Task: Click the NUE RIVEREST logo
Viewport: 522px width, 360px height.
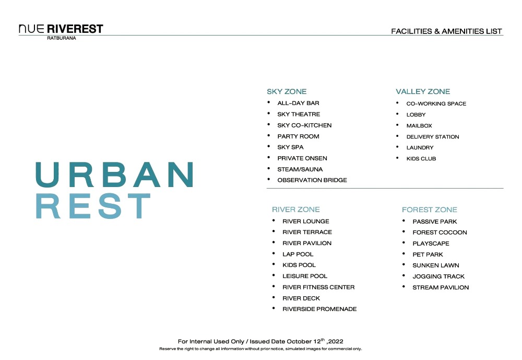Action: tap(61, 29)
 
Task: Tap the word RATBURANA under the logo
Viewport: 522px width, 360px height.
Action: tap(62, 38)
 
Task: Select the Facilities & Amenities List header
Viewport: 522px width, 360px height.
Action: tap(446, 31)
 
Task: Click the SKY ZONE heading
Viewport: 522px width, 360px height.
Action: tap(287, 91)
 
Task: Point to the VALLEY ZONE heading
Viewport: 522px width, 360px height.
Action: tap(423, 91)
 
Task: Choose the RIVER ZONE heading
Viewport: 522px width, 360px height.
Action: tap(295, 210)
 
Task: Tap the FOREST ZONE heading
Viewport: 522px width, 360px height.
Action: tap(430, 210)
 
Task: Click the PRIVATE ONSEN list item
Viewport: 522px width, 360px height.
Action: tap(302, 158)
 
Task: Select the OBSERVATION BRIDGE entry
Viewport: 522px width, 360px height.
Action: tap(312, 180)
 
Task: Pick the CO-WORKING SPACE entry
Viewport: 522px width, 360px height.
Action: tap(436, 103)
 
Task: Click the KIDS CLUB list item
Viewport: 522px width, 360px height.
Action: tap(421, 159)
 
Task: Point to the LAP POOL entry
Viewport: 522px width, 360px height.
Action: tap(298, 254)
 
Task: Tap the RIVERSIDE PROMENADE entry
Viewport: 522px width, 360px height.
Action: tap(319, 309)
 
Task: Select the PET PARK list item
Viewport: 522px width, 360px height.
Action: tap(428, 254)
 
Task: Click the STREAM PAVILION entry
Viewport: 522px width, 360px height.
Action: tap(441, 287)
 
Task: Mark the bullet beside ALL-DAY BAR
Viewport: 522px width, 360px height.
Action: tap(269, 102)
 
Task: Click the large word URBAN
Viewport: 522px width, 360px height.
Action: tap(114, 175)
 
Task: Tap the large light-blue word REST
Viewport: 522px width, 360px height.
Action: tap(93, 206)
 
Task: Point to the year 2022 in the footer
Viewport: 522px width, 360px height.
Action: tap(336, 341)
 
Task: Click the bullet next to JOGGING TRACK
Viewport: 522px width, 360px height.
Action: tap(404, 276)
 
